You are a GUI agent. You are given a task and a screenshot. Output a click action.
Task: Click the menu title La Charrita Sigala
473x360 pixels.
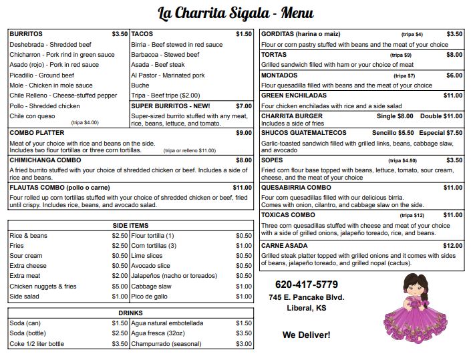click(x=236, y=13)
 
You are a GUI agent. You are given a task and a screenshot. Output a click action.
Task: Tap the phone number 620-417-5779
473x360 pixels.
click(x=307, y=284)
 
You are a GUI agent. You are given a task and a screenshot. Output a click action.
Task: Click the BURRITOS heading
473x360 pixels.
click(x=26, y=33)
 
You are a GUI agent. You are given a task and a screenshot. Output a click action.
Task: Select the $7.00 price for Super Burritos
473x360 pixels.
click(x=243, y=106)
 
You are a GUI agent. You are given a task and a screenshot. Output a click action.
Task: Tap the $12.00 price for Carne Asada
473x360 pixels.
click(x=452, y=245)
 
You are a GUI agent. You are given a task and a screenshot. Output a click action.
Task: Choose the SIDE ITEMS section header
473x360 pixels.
click(x=130, y=226)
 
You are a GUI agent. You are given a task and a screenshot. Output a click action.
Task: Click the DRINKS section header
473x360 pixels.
click(x=130, y=313)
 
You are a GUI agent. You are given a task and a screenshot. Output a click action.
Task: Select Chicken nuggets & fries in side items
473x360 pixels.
click(x=43, y=287)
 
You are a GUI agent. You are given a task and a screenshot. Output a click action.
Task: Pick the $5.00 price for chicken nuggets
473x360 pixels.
click(x=120, y=287)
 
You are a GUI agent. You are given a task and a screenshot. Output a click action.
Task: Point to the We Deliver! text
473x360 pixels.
click(x=307, y=334)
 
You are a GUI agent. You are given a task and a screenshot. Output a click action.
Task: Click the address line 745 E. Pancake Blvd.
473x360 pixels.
click(x=307, y=297)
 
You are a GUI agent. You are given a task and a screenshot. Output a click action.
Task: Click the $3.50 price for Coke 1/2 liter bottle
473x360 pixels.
click(x=120, y=343)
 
